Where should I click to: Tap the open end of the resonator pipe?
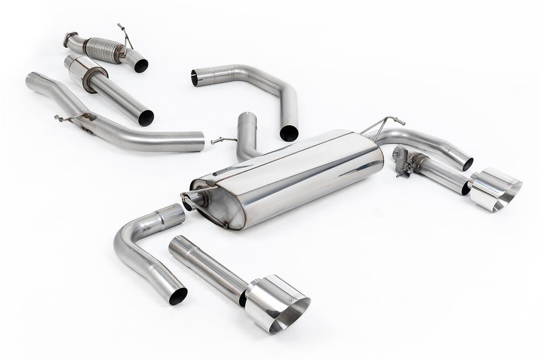click(x=146, y=118)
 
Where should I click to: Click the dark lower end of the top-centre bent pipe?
click(x=288, y=132)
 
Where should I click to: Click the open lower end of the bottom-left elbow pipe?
click(x=178, y=296)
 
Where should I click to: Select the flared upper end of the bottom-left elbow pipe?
click(x=172, y=214)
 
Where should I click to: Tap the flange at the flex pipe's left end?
click(x=68, y=40)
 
